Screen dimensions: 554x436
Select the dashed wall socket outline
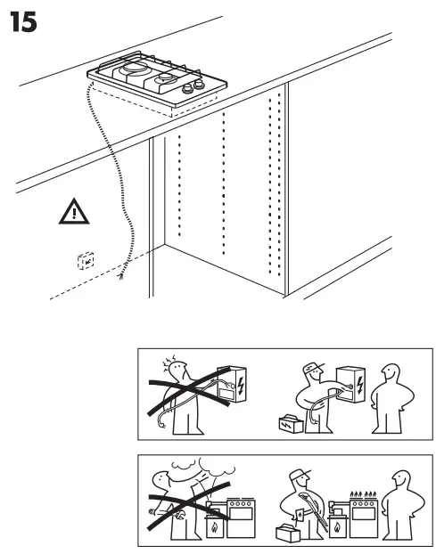coord(86,261)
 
